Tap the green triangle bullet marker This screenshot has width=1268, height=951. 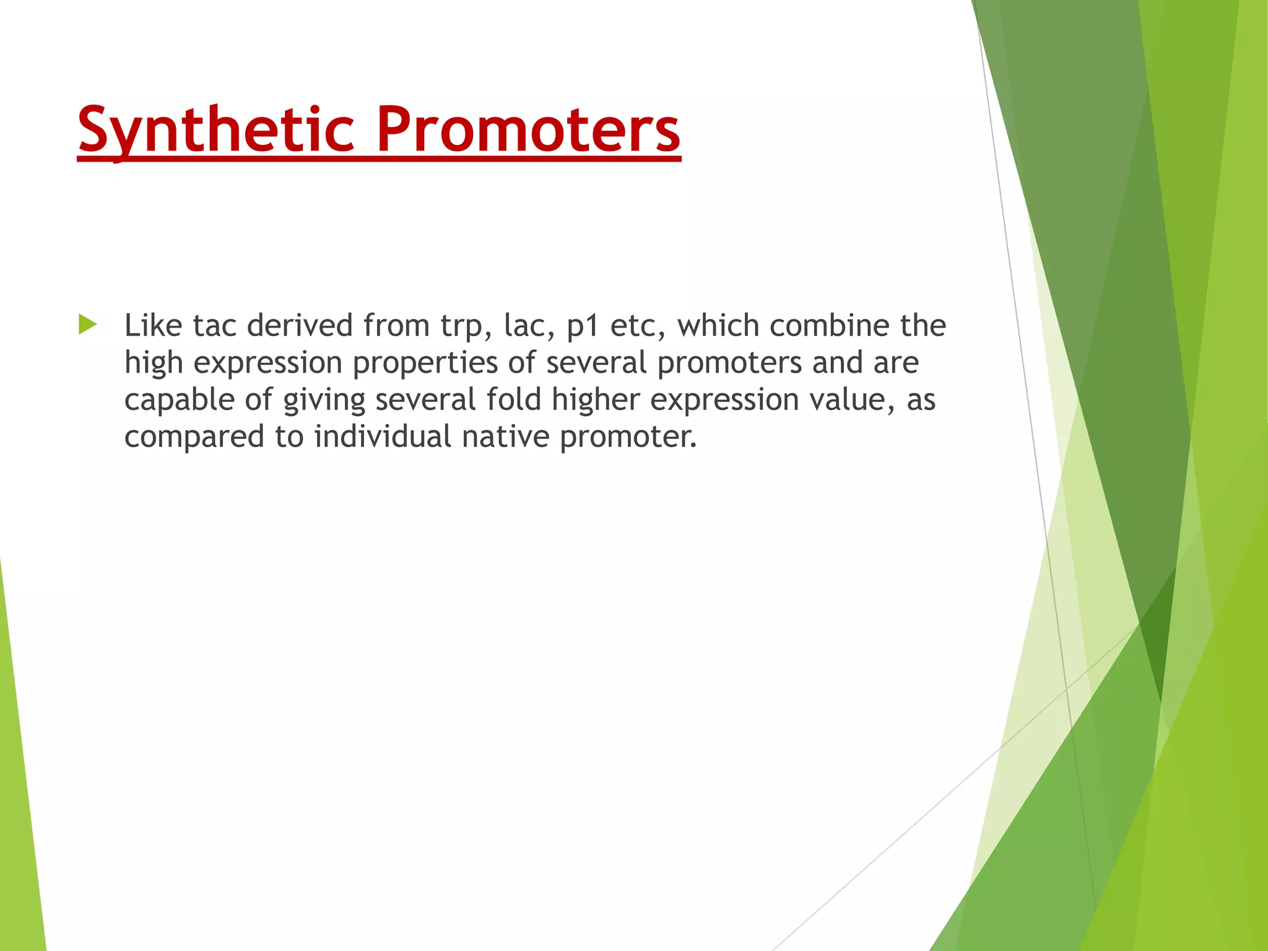point(88,324)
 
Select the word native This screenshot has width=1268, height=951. point(505,436)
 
